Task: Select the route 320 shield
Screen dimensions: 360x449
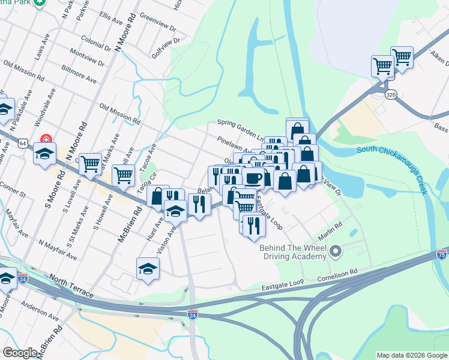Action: click(391, 95)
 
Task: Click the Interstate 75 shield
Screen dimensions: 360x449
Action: click(442, 254)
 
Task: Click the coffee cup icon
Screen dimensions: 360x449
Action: click(253, 178)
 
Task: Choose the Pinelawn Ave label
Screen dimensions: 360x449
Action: click(235, 146)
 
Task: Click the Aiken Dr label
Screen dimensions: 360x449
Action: click(439, 55)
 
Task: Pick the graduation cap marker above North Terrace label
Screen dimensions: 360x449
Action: click(148, 269)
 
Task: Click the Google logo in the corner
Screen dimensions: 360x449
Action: click(20, 353)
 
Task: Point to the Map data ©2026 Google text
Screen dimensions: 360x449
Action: click(411, 355)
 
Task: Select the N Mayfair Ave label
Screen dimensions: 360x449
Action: click(58, 250)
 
